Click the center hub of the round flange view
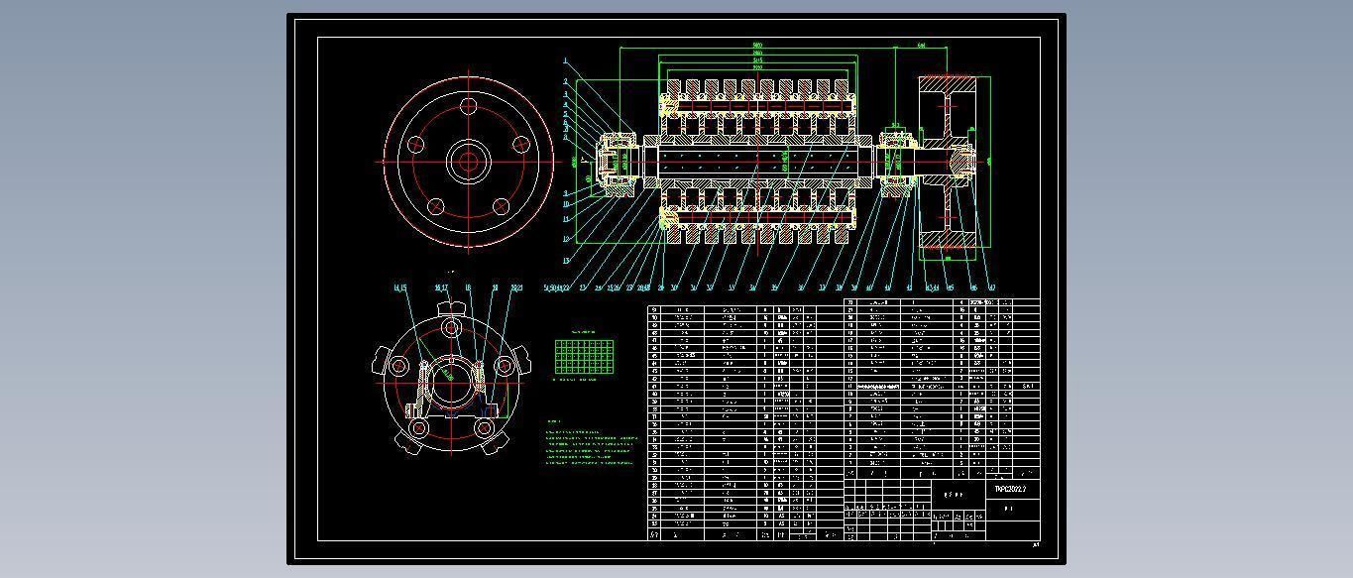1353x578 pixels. click(467, 161)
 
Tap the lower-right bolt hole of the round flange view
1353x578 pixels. click(501, 206)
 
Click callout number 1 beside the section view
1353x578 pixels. click(566, 61)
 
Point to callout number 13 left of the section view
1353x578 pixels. click(566, 261)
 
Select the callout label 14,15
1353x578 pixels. click(399, 289)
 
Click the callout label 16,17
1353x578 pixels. click(442, 289)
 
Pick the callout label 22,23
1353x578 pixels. click(516, 289)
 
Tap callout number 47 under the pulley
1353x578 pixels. click(991, 289)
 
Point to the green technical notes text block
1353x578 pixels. click(592, 447)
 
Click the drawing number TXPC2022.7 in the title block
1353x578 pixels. click(1011, 490)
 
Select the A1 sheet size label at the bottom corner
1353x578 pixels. click(1037, 544)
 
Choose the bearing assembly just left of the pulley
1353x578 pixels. click(896, 160)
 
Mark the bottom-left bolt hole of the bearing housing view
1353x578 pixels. click(419, 428)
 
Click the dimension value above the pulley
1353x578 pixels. click(922, 46)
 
